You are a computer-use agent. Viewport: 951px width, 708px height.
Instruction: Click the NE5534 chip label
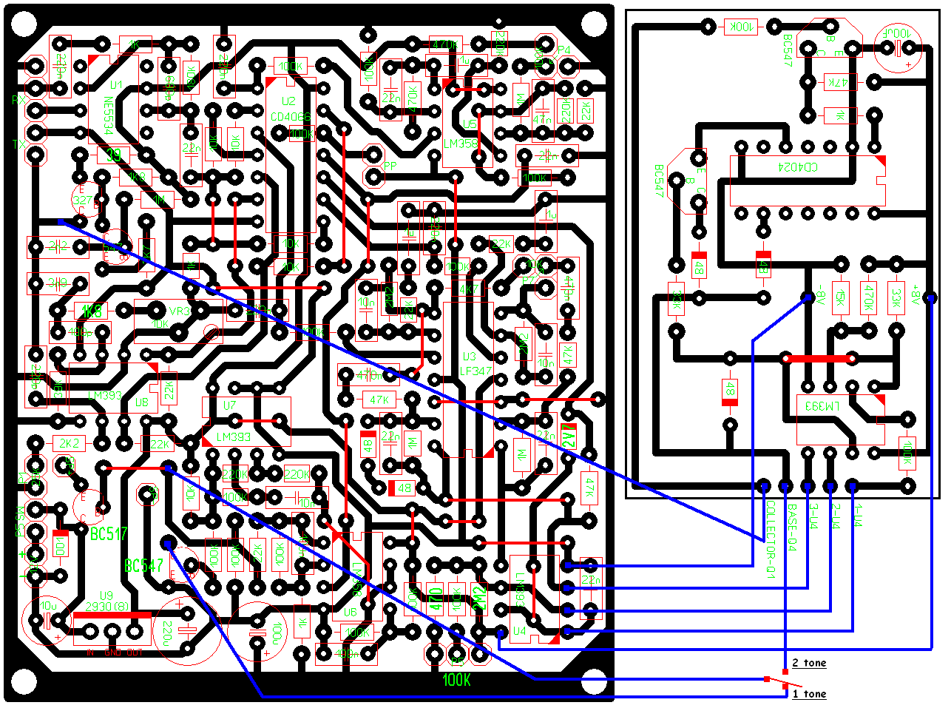108,116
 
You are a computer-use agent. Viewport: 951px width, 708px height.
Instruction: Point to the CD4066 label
291,117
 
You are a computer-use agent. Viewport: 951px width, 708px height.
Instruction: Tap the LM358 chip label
461,144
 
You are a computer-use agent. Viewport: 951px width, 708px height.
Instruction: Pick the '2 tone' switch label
809,663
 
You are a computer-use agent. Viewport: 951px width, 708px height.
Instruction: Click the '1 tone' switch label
809,694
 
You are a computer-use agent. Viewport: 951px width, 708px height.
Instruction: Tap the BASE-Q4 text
791,527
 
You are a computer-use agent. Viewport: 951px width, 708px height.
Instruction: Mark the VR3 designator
180,311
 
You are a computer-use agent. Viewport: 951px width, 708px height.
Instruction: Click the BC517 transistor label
108,533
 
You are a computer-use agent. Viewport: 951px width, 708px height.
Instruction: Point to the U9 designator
106,596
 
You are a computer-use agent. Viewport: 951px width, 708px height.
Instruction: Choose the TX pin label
18,145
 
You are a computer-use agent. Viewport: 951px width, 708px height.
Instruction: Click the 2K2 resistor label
69,443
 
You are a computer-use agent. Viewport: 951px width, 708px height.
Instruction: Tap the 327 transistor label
82,200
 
